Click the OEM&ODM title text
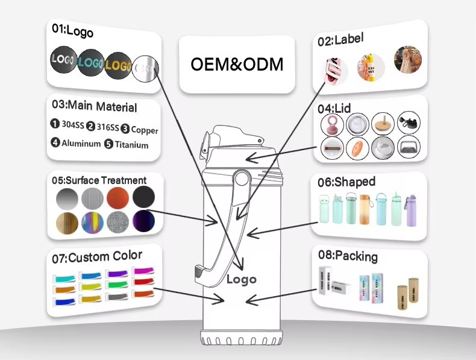(237, 64)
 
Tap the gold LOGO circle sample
(117, 66)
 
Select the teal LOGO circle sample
(90, 63)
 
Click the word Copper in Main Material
(145, 130)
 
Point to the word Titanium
(131, 145)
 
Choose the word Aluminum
(81, 143)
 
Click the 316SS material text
(108, 127)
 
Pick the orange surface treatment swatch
(117, 197)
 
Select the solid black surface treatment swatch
(143, 197)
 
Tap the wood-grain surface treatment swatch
(67, 223)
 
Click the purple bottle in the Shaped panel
(411, 210)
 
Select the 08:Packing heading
(348, 256)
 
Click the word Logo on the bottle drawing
(242, 279)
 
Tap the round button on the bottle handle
(242, 178)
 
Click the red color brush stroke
(144, 282)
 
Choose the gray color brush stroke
(117, 297)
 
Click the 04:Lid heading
(334, 109)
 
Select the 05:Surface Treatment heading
(99, 180)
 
